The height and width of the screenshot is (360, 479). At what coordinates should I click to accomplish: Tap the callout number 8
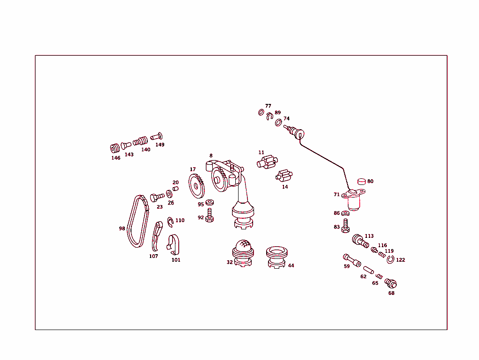click(x=211, y=155)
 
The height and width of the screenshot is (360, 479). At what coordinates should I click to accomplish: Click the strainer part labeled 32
click(x=243, y=253)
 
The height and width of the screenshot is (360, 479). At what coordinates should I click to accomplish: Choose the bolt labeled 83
click(x=346, y=226)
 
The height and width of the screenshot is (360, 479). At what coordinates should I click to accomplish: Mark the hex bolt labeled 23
click(x=156, y=197)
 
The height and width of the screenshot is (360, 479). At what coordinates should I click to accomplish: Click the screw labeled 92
click(x=210, y=216)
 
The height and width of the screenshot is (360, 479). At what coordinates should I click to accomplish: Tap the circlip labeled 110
click(x=171, y=221)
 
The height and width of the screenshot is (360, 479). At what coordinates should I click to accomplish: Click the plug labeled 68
click(x=390, y=283)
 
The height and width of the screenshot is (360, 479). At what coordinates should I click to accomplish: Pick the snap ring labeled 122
click(x=390, y=260)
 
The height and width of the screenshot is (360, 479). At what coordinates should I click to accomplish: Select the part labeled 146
click(x=115, y=148)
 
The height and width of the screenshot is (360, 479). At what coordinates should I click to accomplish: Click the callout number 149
click(x=160, y=145)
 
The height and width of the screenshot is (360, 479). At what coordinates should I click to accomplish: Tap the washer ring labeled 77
click(x=261, y=112)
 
